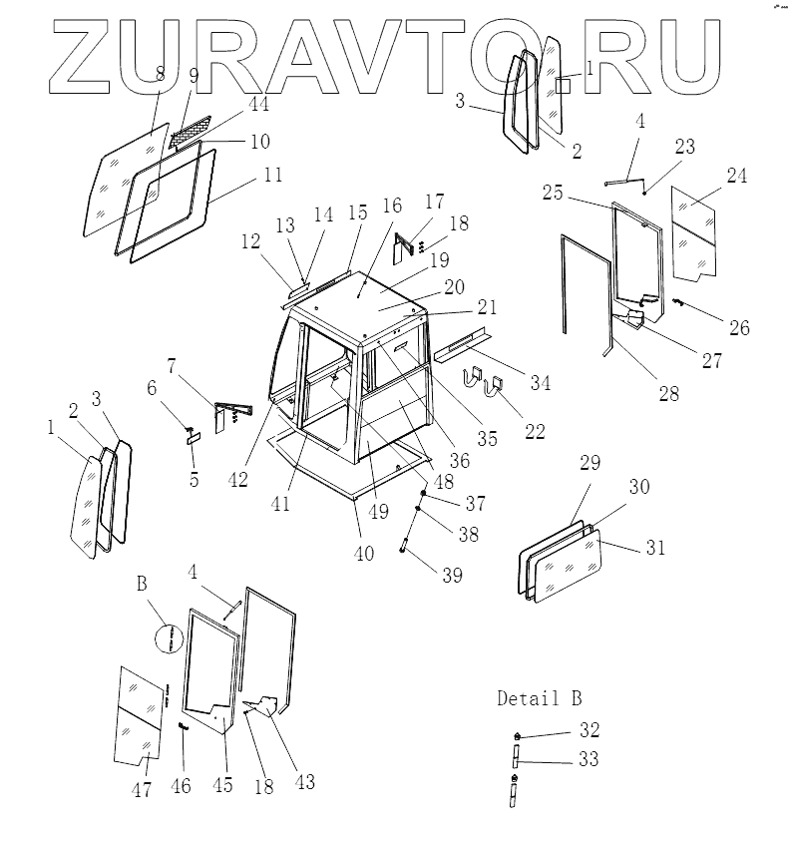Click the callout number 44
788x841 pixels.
[x=231, y=104]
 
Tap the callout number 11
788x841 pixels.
[x=272, y=175]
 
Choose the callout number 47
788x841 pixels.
[x=142, y=790]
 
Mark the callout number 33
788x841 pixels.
[x=588, y=759]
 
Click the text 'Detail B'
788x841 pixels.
[x=539, y=698]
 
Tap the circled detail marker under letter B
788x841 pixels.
[x=172, y=637]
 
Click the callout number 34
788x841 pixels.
[x=540, y=381]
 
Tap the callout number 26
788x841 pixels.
[x=739, y=327]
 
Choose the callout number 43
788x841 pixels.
[x=304, y=782]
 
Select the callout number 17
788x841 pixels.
[x=436, y=202]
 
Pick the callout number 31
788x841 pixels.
[x=654, y=548]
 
